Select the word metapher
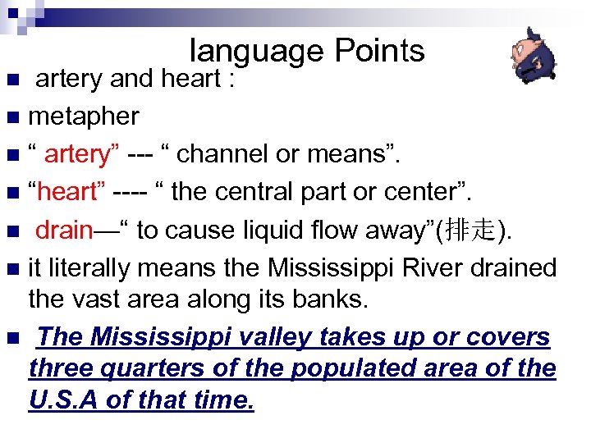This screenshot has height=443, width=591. coord(84,116)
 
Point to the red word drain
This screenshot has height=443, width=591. coord(63,230)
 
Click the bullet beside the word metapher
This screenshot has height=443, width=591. coord(11,117)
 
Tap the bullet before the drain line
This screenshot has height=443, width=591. coord(11,231)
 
